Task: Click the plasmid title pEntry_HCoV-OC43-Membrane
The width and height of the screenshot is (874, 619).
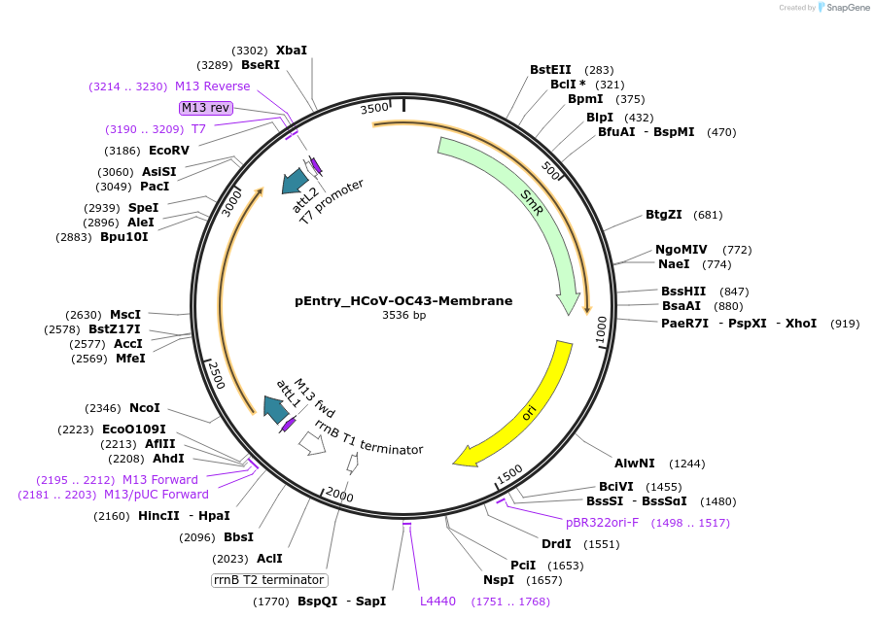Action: pyautogui.click(x=403, y=301)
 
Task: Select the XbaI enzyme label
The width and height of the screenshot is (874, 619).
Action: pyautogui.click(x=292, y=50)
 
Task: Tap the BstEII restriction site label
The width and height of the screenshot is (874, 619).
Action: pyautogui.click(x=550, y=70)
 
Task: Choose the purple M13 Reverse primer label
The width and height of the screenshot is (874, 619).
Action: pyautogui.click(x=212, y=86)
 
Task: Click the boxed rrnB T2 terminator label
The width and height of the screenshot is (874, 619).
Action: pyautogui.click(x=267, y=580)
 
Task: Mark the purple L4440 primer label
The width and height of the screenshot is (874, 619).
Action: pyautogui.click(x=437, y=602)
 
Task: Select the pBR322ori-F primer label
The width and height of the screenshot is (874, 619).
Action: pyautogui.click(x=603, y=523)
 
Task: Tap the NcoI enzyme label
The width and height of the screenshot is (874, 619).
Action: pyautogui.click(x=144, y=408)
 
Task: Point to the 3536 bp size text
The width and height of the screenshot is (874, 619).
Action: pyautogui.click(x=403, y=315)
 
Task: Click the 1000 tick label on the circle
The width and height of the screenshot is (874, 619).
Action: pyautogui.click(x=600, y=328)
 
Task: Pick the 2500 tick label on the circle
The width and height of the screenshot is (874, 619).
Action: pyautogui.click(x=216, y=374)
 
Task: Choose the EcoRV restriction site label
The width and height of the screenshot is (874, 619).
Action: pyautogui.click(x=169, y=151)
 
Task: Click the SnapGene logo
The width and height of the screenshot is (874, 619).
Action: pyautogui.click(x=844, y=7)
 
